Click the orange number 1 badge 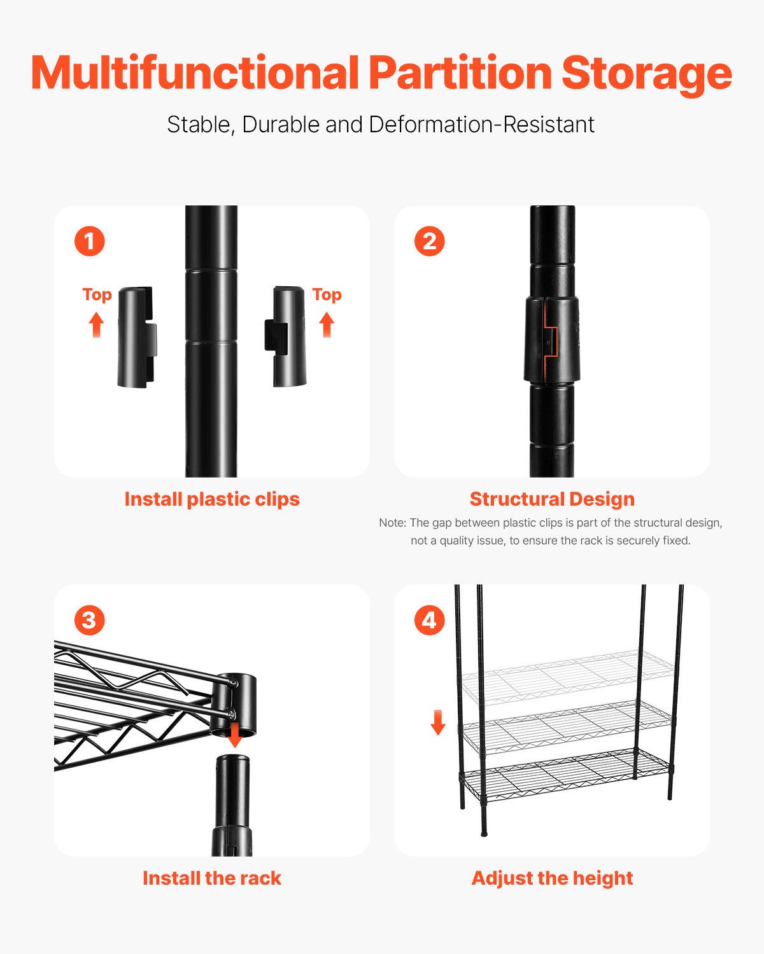tap(89, 242)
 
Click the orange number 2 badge tap(429, 242)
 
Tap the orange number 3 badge tap(89, 621)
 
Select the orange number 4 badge tap(429, 621)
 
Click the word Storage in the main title tap(646, 73)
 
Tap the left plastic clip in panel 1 tap(136, 336)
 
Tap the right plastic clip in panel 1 tap(286, 336)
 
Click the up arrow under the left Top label tap(96, 324)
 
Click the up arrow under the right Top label tap(327, 324)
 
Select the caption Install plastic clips tap(212, 499)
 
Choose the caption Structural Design tap(552, 499)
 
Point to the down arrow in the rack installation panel tap(235, 735)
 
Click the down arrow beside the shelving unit tap(438, 722)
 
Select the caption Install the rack tap(212, 878)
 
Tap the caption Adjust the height tap(552, 878)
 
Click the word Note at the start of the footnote tap(392, 523)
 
